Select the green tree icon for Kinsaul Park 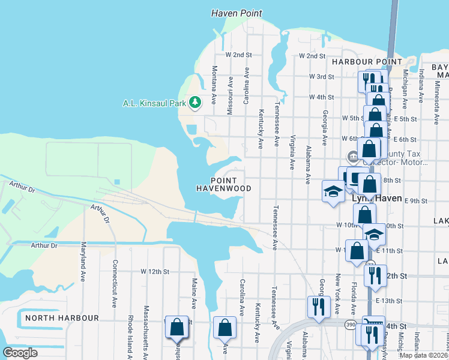pyautogui.click(x=194, y=103)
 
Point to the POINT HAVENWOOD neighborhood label pyautogui.click(x=224, y=184)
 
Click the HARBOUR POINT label pyautogui.click(x=367, y=62)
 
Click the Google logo pyautogui.click(x=20, y=353)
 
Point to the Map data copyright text pyautogui.click(x=423, y=355)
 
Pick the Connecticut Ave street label pyautogui.click(x=115, y=283)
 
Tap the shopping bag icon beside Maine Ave pyautogui.click(x=177, y=328)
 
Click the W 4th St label pyautogui.click(x=321, y=97)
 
